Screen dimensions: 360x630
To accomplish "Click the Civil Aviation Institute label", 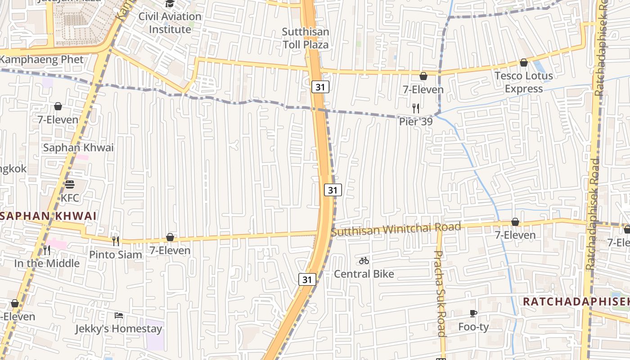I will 170,22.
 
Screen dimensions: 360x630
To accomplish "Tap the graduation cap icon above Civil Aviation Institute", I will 170,4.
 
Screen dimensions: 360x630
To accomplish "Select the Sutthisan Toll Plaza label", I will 306,38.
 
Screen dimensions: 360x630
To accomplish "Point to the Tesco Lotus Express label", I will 524,82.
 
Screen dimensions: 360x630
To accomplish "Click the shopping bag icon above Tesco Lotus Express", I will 523,63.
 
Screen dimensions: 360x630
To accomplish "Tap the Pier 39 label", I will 416,121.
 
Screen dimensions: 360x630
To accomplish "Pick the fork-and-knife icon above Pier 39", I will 416,108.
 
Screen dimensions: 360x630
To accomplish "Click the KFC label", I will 70,198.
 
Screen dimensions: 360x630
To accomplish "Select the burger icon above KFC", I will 69,184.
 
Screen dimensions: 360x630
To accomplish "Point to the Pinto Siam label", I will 116,255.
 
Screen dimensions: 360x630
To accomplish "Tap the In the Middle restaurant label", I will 47,263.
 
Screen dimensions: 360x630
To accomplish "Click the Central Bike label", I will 364,274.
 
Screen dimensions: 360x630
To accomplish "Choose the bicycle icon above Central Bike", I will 364,261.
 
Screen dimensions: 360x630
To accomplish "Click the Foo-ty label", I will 473,327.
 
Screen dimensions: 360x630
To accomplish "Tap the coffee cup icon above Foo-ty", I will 473,313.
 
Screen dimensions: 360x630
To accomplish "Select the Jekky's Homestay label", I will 118,329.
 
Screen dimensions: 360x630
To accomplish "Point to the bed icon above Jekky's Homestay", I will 119,315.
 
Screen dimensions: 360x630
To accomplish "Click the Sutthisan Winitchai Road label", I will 396,229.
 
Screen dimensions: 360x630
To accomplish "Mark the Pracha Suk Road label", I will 440,292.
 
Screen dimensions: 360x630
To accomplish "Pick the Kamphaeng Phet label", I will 42,59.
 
